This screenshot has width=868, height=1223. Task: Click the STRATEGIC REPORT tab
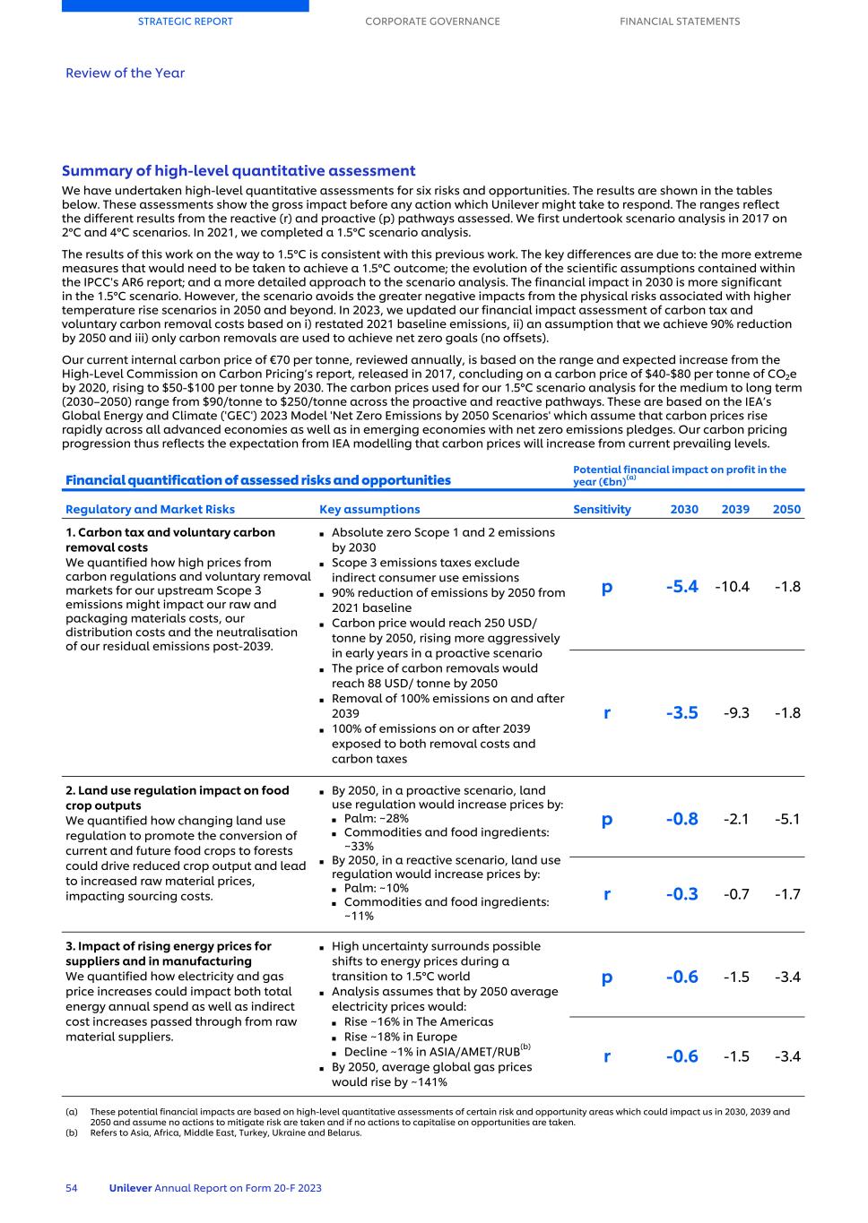click(x=185, y=22)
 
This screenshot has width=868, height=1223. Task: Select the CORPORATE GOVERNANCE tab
click(x=432, y=22)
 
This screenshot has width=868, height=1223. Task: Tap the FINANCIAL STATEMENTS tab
click(x=680, y=22)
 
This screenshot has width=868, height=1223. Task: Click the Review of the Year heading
click(x=125, y=73)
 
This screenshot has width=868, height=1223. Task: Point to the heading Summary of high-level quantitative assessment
click(x=239, y=171)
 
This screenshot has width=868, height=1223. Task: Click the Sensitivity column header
click(x=602, y=509)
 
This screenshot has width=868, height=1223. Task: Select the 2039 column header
click(x=735, y=509)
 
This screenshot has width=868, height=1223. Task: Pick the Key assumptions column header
click(x=369, y=509)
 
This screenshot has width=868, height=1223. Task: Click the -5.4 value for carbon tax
click(x=681, y=587)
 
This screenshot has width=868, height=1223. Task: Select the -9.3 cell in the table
click(x=736, y=713)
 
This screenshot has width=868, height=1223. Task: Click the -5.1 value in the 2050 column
click(x=787, y=819)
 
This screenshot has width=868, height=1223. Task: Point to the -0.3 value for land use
click(x=681, y=894)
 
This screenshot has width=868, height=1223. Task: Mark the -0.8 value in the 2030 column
click(x=681, y=819)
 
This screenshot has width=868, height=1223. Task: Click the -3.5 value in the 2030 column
click(x=681, y=713)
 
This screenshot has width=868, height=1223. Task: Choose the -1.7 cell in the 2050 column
click(x=787, y=894)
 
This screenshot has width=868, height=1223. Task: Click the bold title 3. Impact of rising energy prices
click(x=169, y=953)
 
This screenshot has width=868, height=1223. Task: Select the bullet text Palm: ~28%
click(x=376, y=818)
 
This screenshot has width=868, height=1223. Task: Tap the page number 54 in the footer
click(x=72, y=1188)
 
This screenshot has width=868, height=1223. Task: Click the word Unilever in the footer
click(x=130, y=1188)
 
